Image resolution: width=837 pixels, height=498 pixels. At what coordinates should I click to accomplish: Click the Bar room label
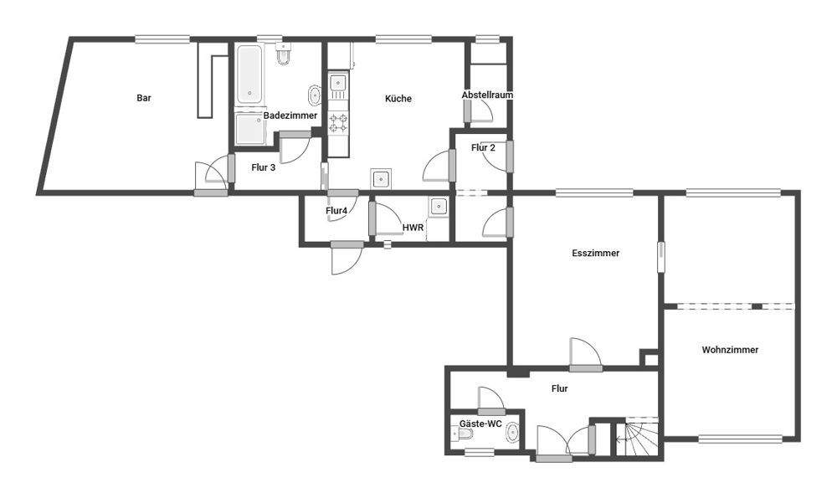pos(144,98)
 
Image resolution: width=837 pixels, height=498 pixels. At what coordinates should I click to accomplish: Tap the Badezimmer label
pos(290,116)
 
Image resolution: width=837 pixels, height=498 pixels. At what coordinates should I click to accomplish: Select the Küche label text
pos(398,99)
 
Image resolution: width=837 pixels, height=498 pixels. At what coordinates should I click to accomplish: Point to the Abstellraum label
pos(487,95)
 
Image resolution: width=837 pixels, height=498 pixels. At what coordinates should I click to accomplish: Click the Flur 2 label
pos(483,148)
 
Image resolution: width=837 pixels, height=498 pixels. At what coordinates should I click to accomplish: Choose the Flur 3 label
pos(263,167)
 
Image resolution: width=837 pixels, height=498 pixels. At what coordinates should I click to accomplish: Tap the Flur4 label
pos(336,211)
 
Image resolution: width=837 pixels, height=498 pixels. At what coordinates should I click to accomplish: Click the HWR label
pos(413,227)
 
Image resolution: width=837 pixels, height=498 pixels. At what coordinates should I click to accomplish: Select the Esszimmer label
pos(595,254)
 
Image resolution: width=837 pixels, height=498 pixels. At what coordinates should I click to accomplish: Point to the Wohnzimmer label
pos(730,350)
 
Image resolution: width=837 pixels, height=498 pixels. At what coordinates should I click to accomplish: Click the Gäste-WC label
pos(480,424)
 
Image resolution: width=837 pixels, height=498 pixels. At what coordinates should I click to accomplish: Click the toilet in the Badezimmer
pos(284,54)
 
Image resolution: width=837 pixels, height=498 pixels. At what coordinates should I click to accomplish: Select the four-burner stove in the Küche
pos(338,124)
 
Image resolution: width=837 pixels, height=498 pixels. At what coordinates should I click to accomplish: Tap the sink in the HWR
pos(438,206)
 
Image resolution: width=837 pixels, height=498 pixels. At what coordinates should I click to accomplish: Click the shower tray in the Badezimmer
pos(249,131)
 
